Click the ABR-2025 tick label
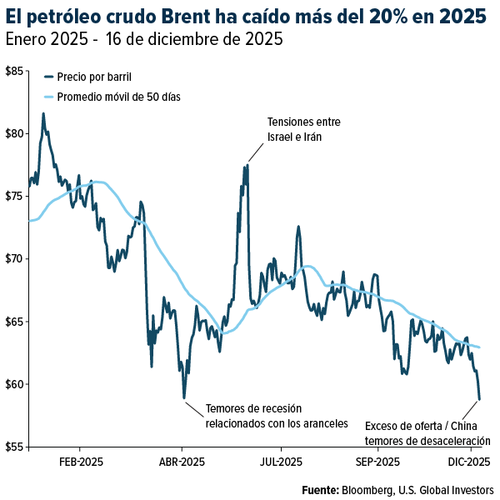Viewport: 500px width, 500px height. pyautogui.click(x=182, y=462)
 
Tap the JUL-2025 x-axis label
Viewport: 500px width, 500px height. pyautogui.click(x=281, y=462)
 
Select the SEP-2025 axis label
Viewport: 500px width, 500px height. pyautogui.click(x=377, y=462)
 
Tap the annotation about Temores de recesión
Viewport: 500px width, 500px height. pyautogui.click(x=276, y=416)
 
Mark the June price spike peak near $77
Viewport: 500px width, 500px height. pyautogui.click(x=247, y=165)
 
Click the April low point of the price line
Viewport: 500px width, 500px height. pyautogui.click(x=184, y=398)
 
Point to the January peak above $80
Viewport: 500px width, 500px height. pyautogui.click(x=43, y=114)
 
